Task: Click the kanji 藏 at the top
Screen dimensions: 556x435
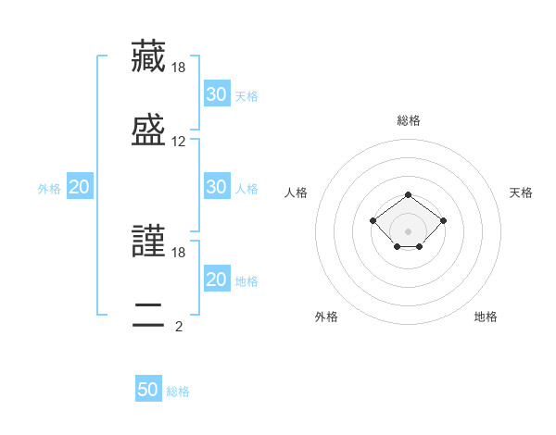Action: pyautogui.click(x=148, y=56)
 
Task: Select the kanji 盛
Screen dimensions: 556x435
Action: pyautogui.click(x=148, y=130)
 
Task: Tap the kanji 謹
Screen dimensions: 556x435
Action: pyautogui.click(x=148, y=241)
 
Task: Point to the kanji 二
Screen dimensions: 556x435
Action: pyautogui.click(x=148, y=315)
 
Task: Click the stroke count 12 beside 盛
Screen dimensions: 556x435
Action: pyautogui.click(x=178, y=142)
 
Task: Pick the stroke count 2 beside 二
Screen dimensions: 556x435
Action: pyautogui.click(x=179, y=326)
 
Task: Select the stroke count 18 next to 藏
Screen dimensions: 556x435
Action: pyautogui.click(x=178, y=68)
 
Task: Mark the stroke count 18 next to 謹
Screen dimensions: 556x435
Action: pyautogui.click(x=178, y=253)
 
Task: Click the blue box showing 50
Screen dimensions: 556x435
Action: pyautogui.click(x=148, y=388)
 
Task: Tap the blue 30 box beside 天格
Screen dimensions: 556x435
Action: pyautogui.click(x=217, y=93)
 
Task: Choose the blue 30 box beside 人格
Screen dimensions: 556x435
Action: pyautogui.click(x=217, y=186)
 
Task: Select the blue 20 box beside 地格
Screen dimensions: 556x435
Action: pyautogui.click(x=217, y=278)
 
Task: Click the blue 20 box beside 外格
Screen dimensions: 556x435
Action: pyautogui.click(x=80, y=186)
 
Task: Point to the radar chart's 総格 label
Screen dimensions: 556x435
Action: pyautogui.click(x=409, y=120)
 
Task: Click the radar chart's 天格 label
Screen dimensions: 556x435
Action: pyautogui.click(x=521, y=193)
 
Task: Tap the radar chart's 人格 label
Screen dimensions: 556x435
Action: pyautogui.click(x=296, y=193)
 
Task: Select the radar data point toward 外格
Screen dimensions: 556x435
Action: pyautogui.click(x=398, y=246)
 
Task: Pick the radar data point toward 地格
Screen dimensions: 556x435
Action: pyautogui.click(x=419, y=246)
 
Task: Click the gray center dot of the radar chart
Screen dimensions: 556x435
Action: pyautogui.click(x=408, y=231)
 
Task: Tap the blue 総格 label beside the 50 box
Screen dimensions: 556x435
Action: pyautogui.click(x=178, y=391)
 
